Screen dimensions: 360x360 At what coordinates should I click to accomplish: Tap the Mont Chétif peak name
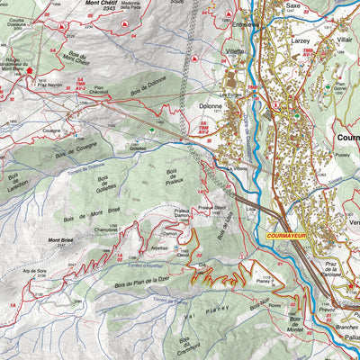(x=101, y=4)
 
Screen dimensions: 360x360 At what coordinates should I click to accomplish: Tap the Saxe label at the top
(x=293, y=4)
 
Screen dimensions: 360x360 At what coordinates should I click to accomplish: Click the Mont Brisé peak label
(x=60, y=240)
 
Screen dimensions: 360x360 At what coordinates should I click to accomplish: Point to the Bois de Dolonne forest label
(x=148, y=91)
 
